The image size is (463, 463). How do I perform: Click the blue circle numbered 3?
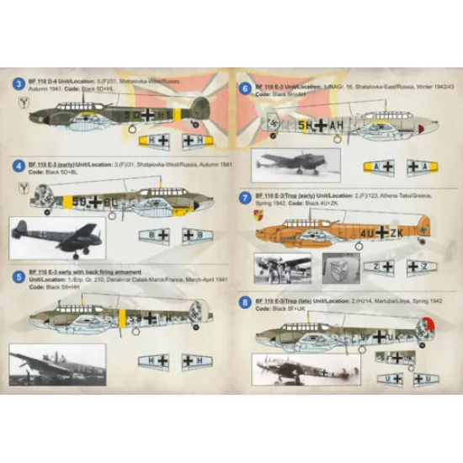(19, 84)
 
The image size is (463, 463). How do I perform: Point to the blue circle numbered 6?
(244, 87)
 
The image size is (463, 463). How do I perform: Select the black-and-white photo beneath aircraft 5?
(57, 364)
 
